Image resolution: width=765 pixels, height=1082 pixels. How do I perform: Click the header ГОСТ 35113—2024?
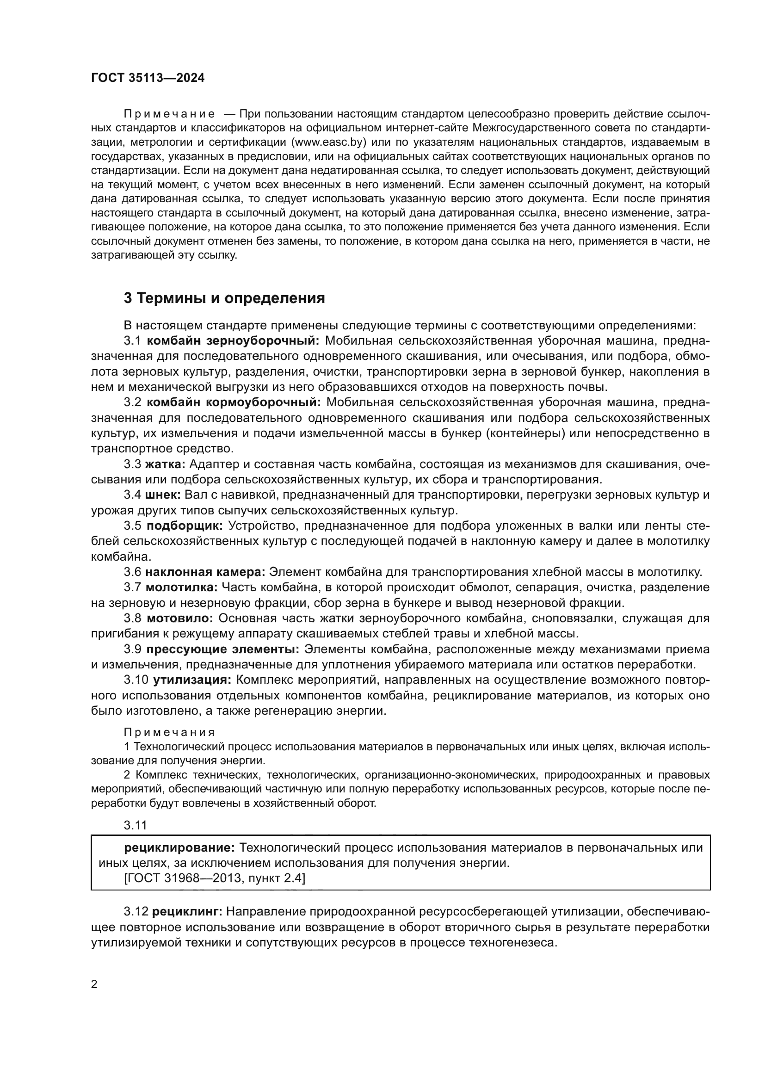click(148, 78)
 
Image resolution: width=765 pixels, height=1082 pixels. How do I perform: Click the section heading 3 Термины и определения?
click(224, 298)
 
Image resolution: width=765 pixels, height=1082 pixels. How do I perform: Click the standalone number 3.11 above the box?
click(136, 825)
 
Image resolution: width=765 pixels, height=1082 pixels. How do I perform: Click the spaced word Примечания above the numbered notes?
click(169, 732)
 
